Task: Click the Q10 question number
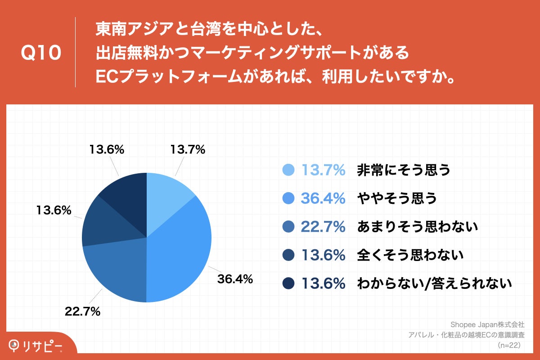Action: pyautogui.click(x=41, y=53)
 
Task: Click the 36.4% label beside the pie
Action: pyautogui.click(x=235, y=279)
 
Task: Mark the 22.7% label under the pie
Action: pyautogui.click(x=82, y=311)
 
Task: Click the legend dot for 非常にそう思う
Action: pyautogui.click(x=288, y=170)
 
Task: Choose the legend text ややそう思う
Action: pyautogui.click(x=397, y=198)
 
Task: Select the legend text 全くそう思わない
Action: pyautogui.click(x=410, y=255)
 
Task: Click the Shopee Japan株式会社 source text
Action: pyautogui.click(x=487, y=324)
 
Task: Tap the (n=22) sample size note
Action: pyautogui.click(x=509, y=345)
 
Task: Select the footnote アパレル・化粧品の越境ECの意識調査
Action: pyautogui.click(x=466, y=335)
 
